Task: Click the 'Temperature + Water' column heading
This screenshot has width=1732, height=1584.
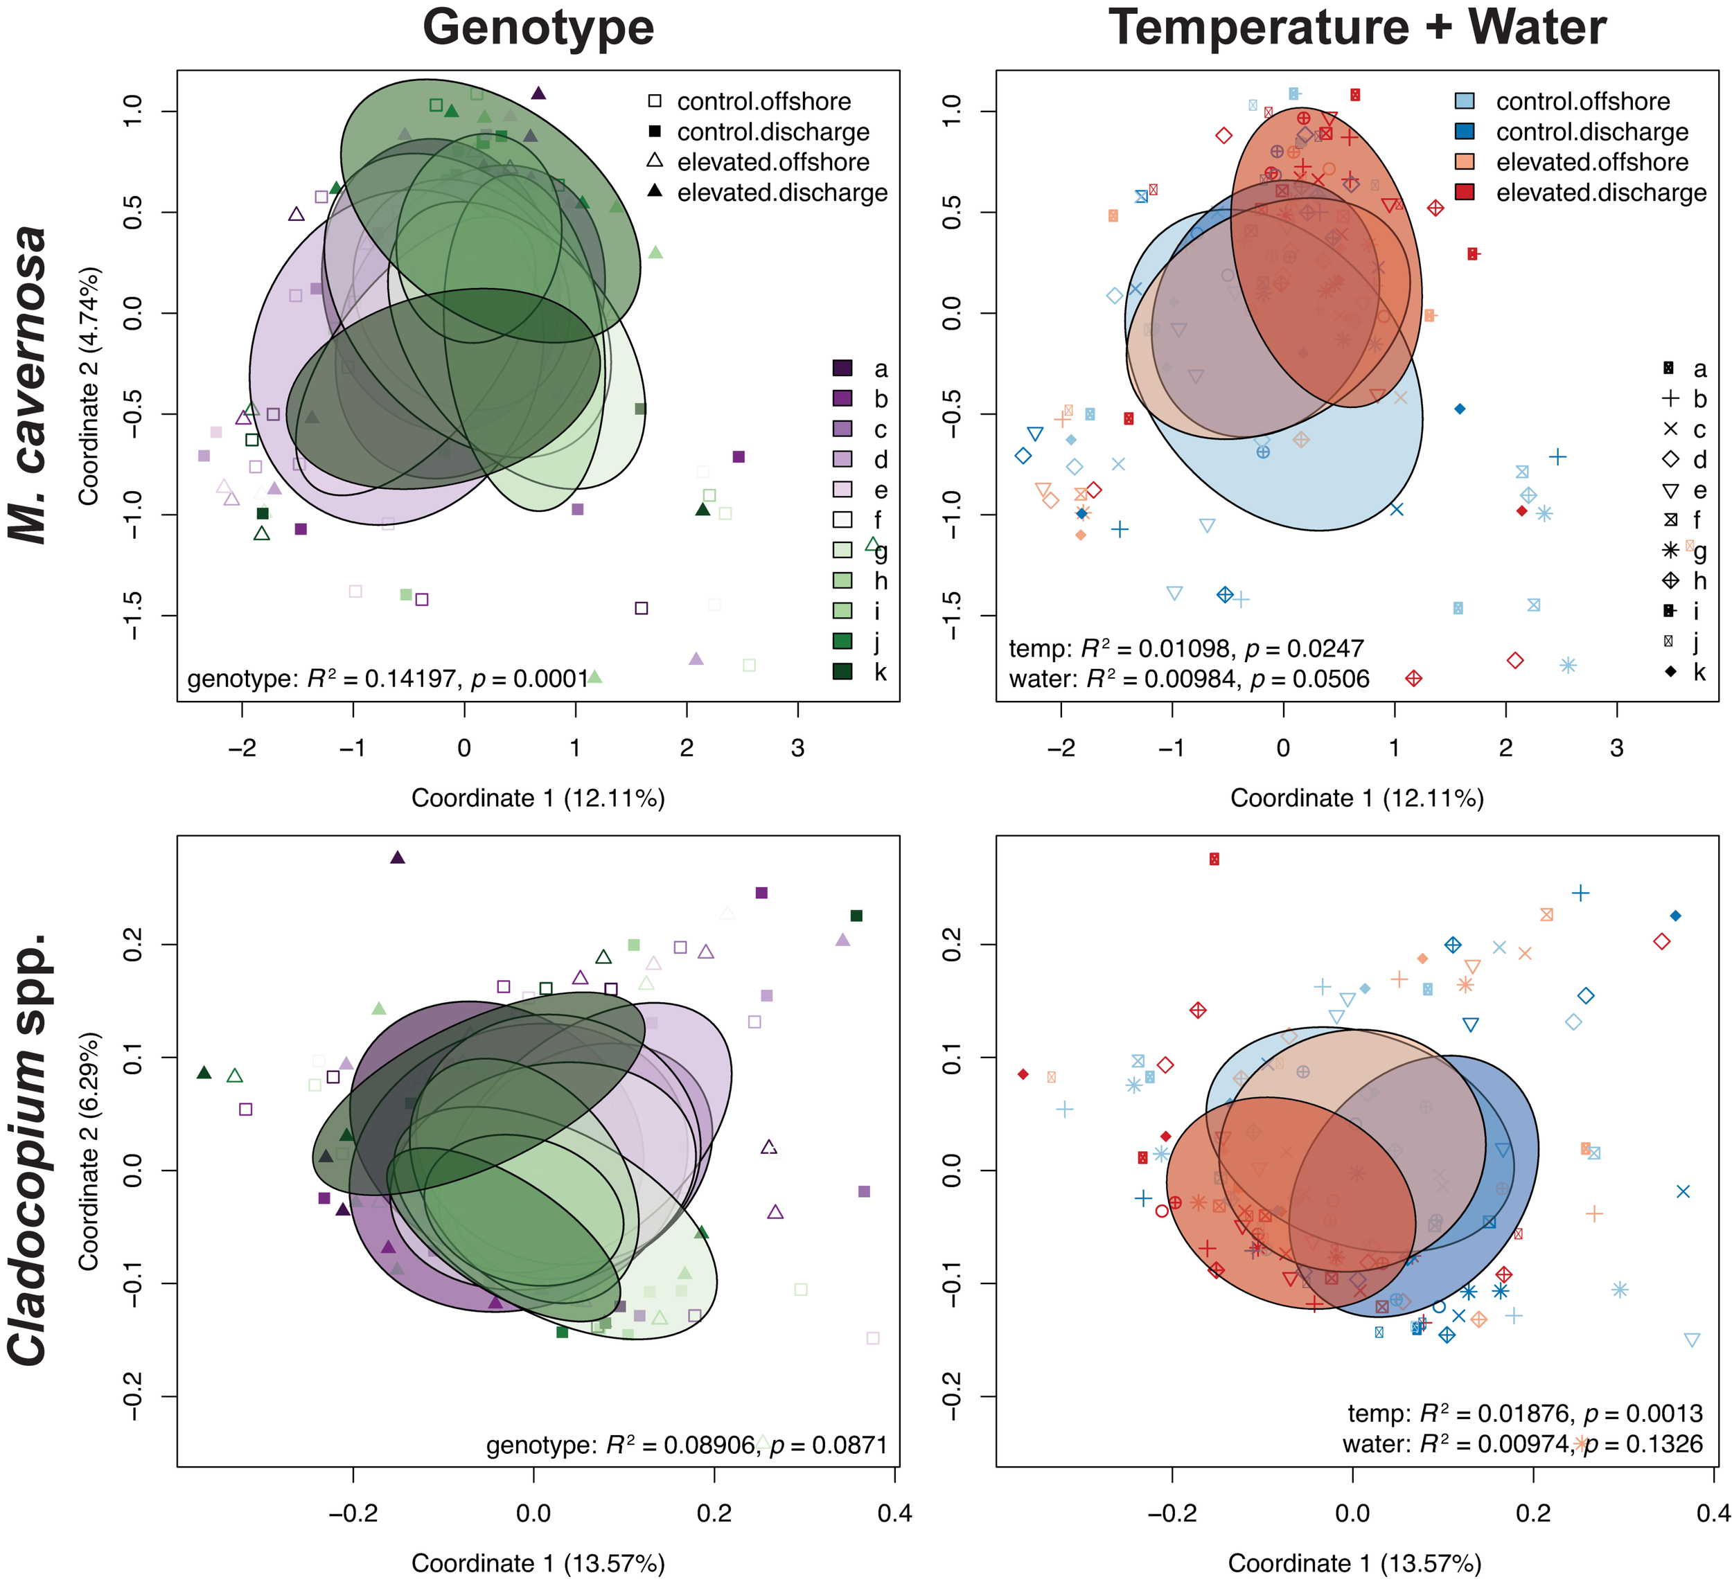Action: click(x=1357, y=28)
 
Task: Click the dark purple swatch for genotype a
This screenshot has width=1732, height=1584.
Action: click(x=842, y=368)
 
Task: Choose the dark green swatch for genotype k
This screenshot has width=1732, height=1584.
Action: click(x=842, y=671)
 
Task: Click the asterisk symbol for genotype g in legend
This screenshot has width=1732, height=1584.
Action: click(x=1670, y=551)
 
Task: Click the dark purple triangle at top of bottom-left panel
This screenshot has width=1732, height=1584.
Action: click(x=397, y=857)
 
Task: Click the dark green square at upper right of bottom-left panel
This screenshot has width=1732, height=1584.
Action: click(x=856, y=916)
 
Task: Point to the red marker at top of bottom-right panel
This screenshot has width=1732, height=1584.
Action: click(x=1214, y=859)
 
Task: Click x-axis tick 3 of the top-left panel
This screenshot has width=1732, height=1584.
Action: click(x=797, y=748)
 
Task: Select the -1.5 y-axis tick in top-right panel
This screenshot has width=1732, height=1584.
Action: click(x=951, y=615)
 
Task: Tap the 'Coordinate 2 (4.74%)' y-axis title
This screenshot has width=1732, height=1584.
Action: click(x=89, y=385)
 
